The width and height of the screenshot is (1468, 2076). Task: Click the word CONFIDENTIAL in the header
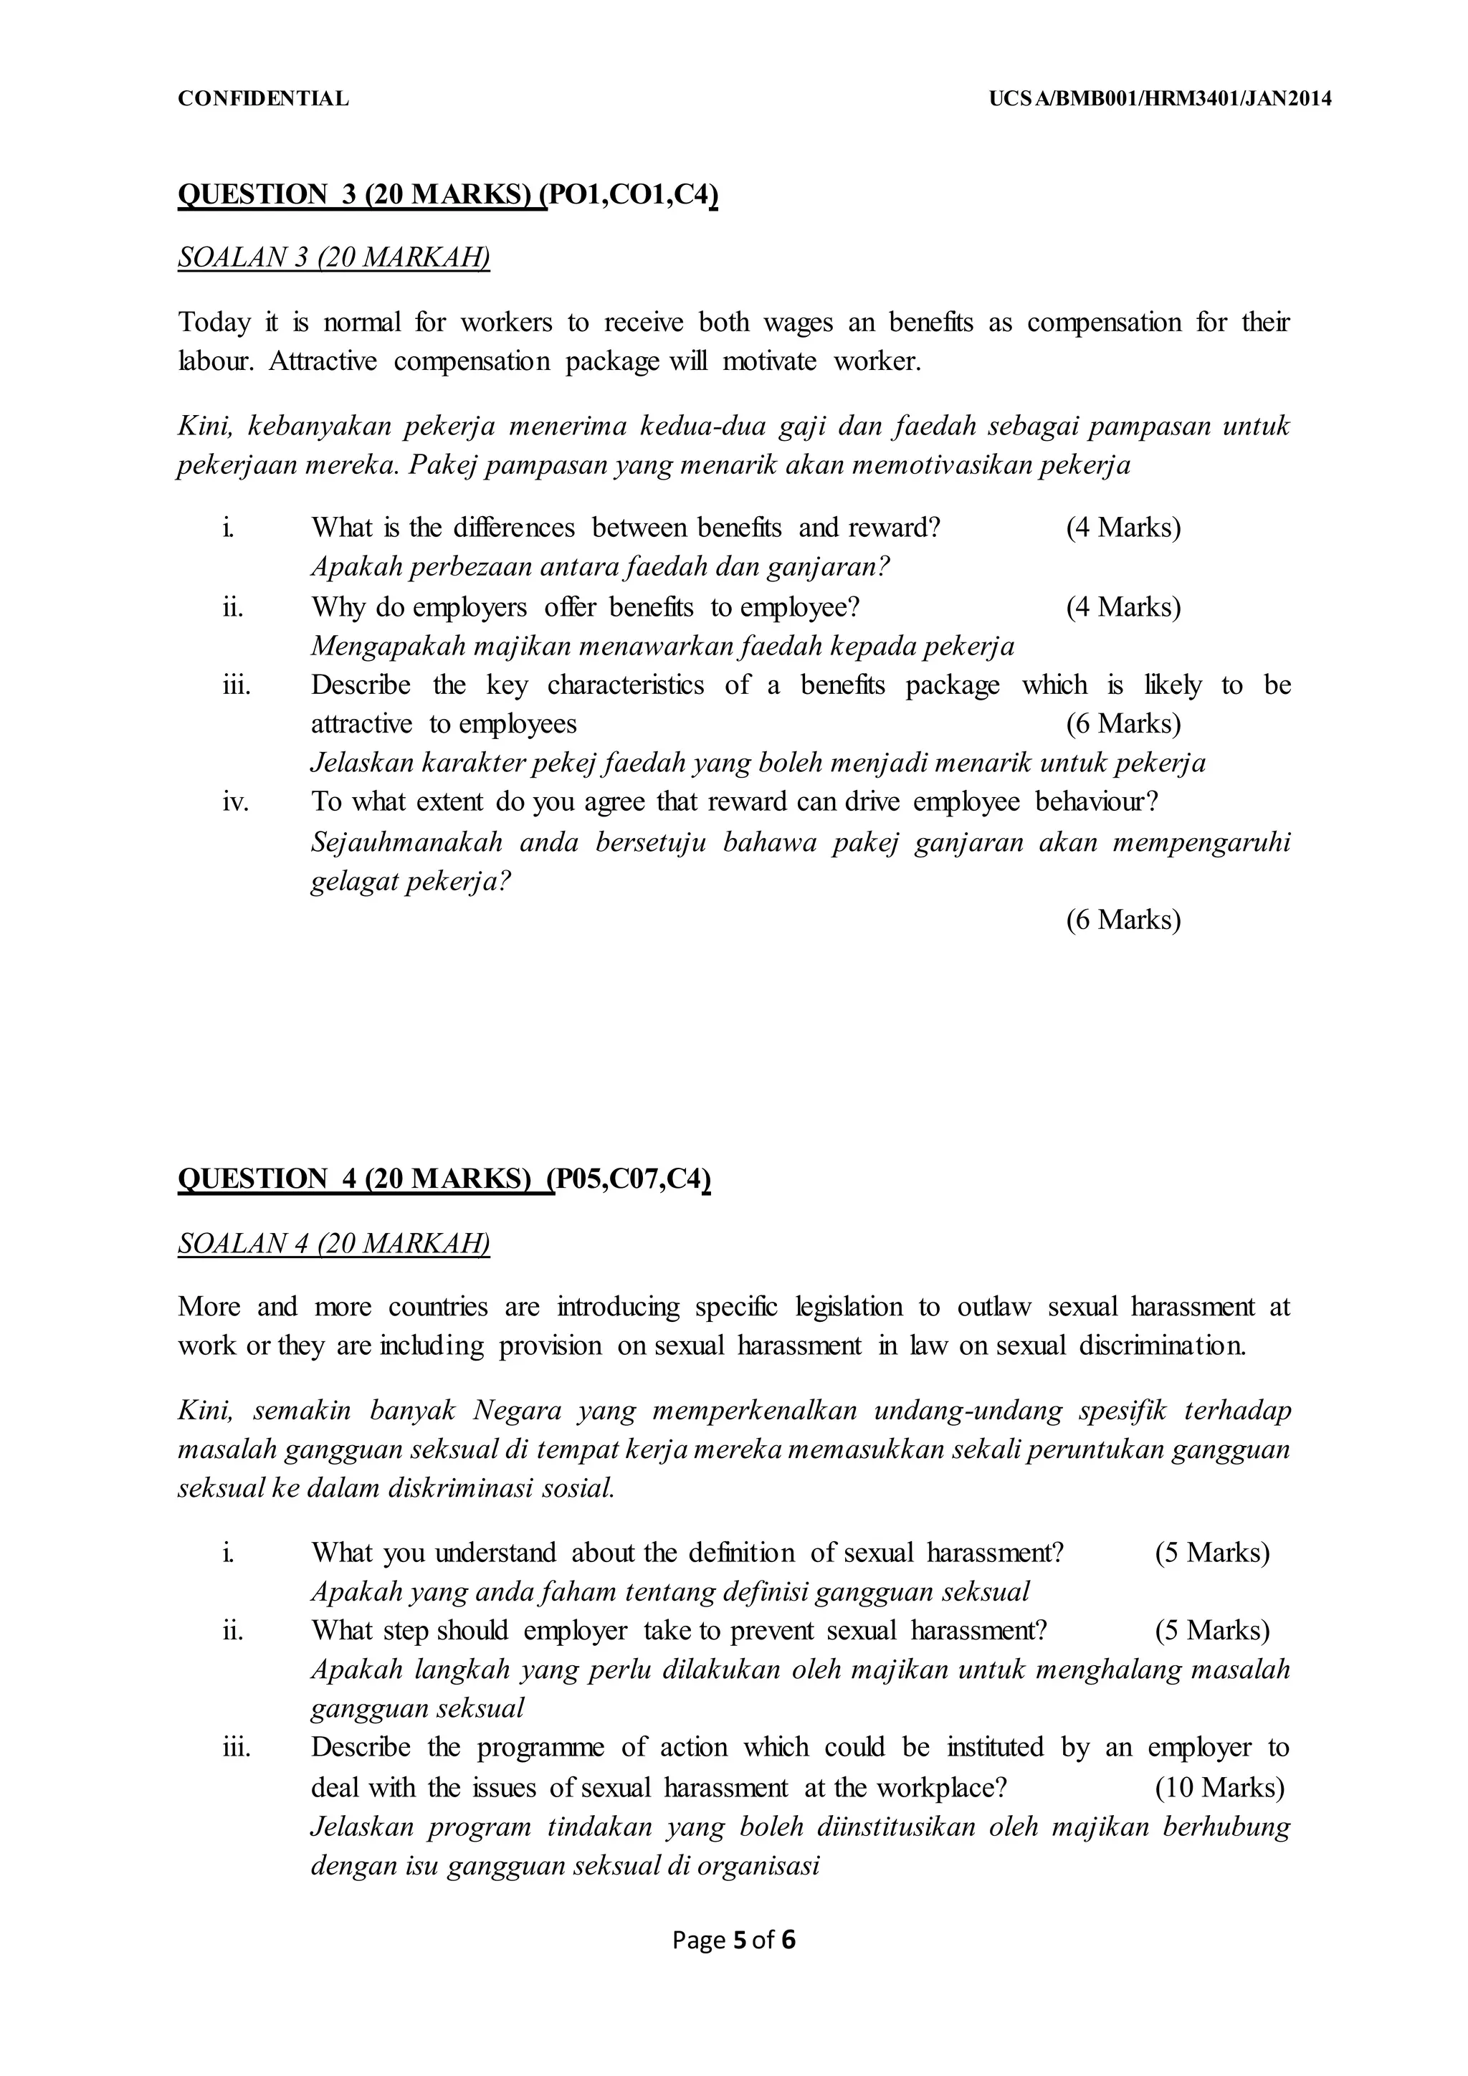pos(263,100)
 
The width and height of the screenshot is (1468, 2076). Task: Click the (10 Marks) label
pos(1219,1788)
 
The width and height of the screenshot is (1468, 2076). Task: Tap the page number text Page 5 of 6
pos(734,1941)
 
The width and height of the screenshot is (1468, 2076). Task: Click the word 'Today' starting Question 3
pos(214,323)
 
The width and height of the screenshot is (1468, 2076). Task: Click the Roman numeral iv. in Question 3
pos(236,802)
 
